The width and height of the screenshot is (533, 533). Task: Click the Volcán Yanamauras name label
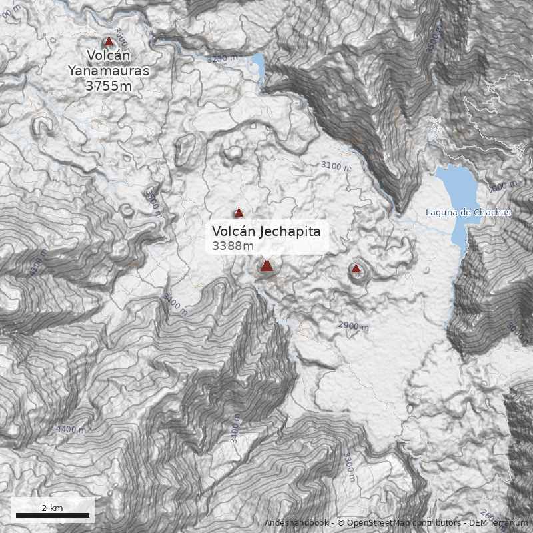pos(109,63)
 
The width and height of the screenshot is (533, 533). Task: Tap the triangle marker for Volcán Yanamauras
pos(109,41)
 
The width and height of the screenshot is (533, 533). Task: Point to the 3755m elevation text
pos(109,85)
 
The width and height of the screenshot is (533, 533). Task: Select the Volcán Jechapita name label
pos(266,231)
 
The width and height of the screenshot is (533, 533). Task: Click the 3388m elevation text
pos(233,246)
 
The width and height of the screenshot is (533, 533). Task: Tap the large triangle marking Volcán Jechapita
pos(266,266)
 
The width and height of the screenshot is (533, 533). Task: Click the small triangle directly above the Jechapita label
pos(239,213)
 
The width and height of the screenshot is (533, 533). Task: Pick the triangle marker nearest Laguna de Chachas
pos(356,268)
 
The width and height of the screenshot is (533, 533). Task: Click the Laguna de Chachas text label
pos(468,212)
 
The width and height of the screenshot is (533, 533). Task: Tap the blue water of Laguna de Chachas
pos(460,190)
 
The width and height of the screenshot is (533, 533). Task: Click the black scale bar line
pos(52,515)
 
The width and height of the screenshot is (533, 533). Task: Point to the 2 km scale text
pos(52,508)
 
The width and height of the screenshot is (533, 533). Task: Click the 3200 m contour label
pos(222,59)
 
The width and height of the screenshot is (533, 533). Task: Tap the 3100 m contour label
pos(335,165)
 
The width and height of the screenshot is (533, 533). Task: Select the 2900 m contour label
pos(353,326)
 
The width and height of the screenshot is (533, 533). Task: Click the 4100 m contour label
pos(38,263)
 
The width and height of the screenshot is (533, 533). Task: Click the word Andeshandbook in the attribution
pos(298,522)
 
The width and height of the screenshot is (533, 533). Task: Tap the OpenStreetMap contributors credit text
pos(400,522)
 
